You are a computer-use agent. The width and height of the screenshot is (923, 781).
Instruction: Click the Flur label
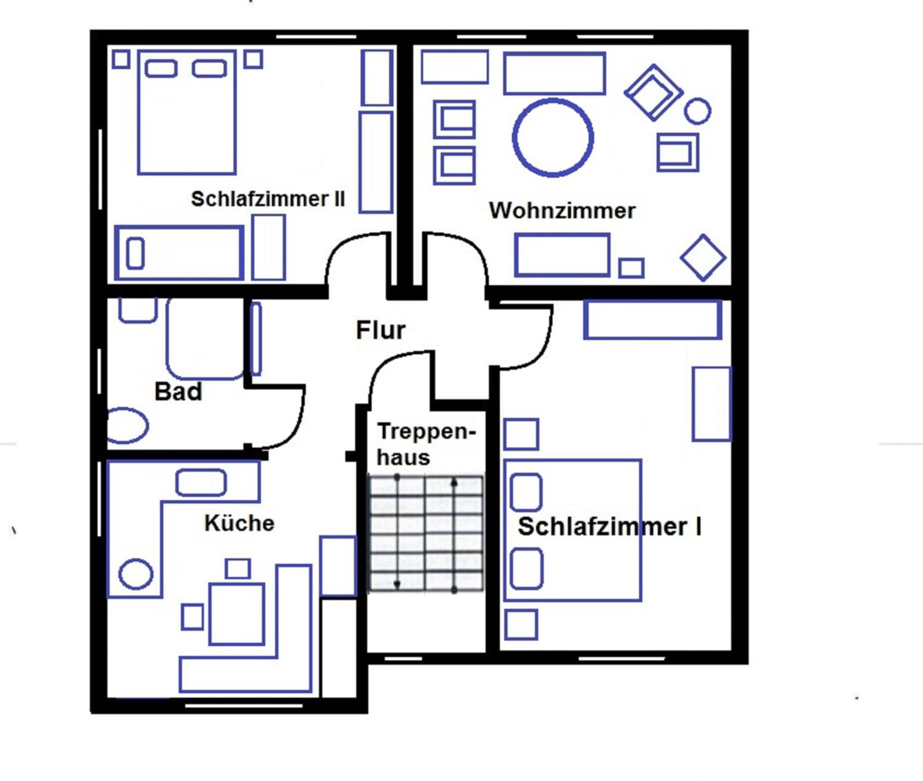(380, 330)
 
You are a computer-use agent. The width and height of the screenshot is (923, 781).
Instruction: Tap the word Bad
(178, 391)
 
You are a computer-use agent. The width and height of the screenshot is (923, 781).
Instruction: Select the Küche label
(239, 523)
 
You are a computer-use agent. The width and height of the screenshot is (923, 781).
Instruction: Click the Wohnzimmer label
(562, 210)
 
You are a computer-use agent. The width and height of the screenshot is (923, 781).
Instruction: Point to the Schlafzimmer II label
(268, 199)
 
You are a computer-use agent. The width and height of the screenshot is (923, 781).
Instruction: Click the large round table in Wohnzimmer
(553, 138)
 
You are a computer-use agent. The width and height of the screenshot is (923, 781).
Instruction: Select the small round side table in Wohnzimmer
(697, 111)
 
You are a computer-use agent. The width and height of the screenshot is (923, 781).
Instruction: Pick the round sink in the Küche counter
(136, 574)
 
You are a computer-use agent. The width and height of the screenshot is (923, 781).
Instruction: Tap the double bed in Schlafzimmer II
(187, 112)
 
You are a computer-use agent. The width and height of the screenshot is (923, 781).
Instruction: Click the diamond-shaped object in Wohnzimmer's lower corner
(703, 258)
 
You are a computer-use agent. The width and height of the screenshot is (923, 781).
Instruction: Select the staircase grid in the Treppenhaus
(426, 533)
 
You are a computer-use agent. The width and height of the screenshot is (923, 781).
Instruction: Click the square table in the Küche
(237, 614)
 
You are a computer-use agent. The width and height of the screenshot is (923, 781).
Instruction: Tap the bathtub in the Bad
(205, 339)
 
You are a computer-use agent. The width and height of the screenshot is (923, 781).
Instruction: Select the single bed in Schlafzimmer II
(179, 253)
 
